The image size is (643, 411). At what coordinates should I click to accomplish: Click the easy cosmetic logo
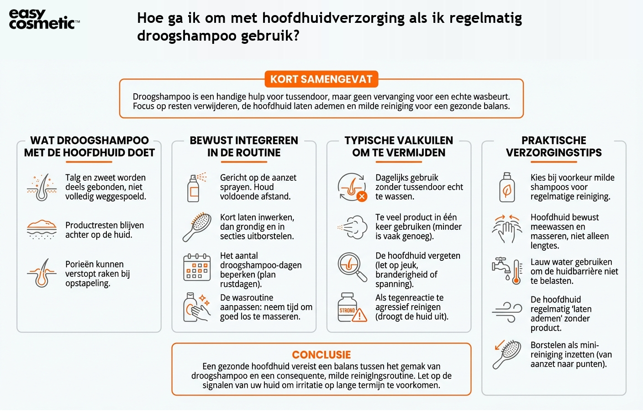tap(44, 19)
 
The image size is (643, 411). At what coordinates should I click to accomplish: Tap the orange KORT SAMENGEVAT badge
tap(321, 79)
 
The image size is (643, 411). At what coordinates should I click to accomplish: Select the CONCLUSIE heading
tap(321, 355)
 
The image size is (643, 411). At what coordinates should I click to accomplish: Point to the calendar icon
tap(197, 267)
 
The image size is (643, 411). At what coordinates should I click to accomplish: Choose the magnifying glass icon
tap(352, 267)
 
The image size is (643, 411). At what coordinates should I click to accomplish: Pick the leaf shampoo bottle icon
tap(506, 187)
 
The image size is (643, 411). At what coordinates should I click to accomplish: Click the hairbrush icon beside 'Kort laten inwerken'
tap(197, 227)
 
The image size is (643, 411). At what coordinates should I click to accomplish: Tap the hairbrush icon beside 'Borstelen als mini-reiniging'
tap(507, 354)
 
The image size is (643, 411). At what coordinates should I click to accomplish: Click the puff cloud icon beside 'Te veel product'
tap(353, 227)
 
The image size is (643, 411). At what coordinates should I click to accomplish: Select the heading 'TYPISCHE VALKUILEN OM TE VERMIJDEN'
tap(399, 147)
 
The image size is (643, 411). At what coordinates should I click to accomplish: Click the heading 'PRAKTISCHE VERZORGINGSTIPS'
tap(553, 147)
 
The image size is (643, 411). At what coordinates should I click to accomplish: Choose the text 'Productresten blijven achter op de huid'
tap(105, 230)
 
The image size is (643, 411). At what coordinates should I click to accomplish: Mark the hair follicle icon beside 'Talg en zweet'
tap(42, 187)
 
